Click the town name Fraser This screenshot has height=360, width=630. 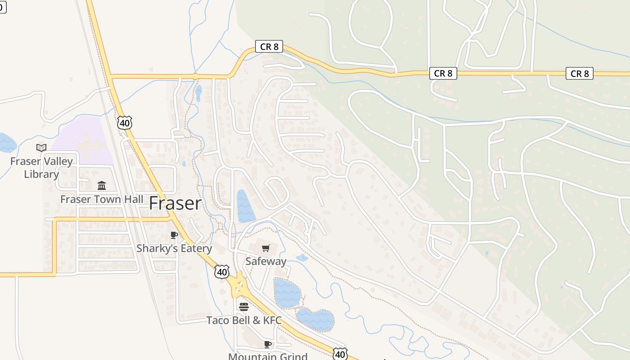click(175, 203)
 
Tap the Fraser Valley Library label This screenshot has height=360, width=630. click(41, 167)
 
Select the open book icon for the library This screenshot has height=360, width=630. click(41, 148)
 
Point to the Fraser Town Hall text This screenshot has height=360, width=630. click(102, 199)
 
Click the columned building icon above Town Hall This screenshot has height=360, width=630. click(102, 185)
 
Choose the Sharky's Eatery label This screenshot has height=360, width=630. click(174, 248)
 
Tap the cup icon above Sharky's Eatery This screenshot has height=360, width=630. click(174, 235)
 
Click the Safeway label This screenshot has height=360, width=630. click(266, 261)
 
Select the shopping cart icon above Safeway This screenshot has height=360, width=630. click(266, 248)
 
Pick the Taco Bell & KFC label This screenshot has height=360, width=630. click(244, 320)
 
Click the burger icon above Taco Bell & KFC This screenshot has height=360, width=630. click(244, 307)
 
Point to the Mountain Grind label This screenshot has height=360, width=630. click(268, 356)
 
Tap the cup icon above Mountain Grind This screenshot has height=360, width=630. click(268, 344)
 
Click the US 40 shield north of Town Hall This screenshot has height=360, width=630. click(125, 123)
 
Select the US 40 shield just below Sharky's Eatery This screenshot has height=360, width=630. click(222, 271)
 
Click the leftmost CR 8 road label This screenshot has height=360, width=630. click(269, 46)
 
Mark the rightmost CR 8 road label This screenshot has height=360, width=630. click(579, 73)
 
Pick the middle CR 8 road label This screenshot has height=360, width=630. click(443, 73)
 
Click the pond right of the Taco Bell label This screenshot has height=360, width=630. click(315, 319)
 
